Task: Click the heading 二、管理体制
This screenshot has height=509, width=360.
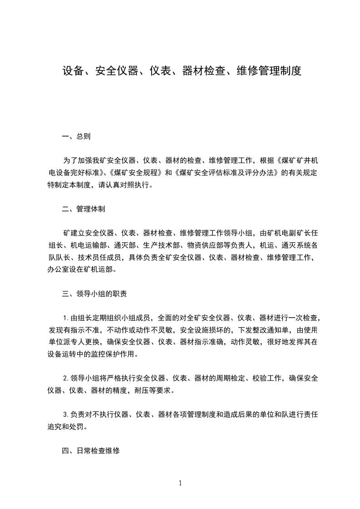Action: pyautogui.click(x=84, y=209)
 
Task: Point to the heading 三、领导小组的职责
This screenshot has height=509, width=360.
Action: pyautogui.click(x=94, y=294)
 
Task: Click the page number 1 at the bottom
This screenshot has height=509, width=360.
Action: pyautogui.click(x=180, y=483)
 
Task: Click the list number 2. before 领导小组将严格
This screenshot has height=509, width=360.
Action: pyautogui.click(x=66, y=378)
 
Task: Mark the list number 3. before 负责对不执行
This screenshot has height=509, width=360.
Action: pyautogui.click(x=66, y=414)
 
